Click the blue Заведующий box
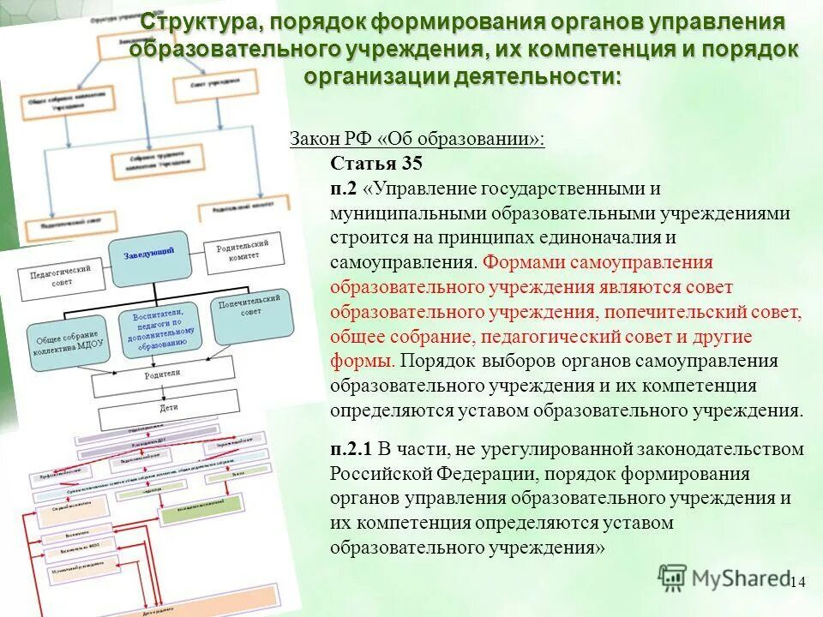click(x=148, y=253)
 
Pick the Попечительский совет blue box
click(x=252, y=314)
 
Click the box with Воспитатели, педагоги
click(x=161, y=327)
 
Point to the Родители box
click(x=163, y=376)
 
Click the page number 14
click(x=797, y=582)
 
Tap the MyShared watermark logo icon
click(x=672, y=578)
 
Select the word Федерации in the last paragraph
click(x=473, y=474)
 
